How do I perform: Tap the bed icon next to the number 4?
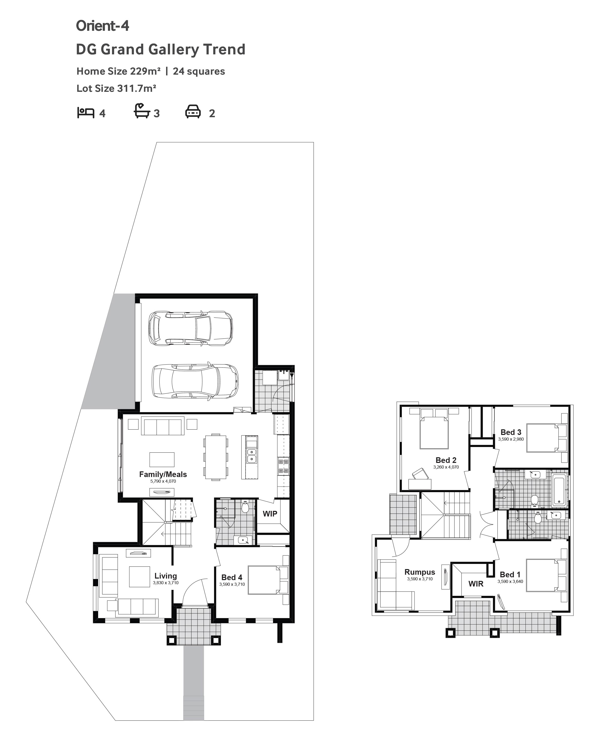85,113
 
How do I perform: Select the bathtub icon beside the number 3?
142,111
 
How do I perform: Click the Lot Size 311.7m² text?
116,88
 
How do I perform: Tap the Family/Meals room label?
163,474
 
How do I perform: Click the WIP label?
270,514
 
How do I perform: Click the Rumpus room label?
420,572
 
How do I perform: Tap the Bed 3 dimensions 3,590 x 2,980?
511,439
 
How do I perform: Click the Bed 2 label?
446,460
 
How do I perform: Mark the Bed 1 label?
510,574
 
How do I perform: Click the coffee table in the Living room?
140,576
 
